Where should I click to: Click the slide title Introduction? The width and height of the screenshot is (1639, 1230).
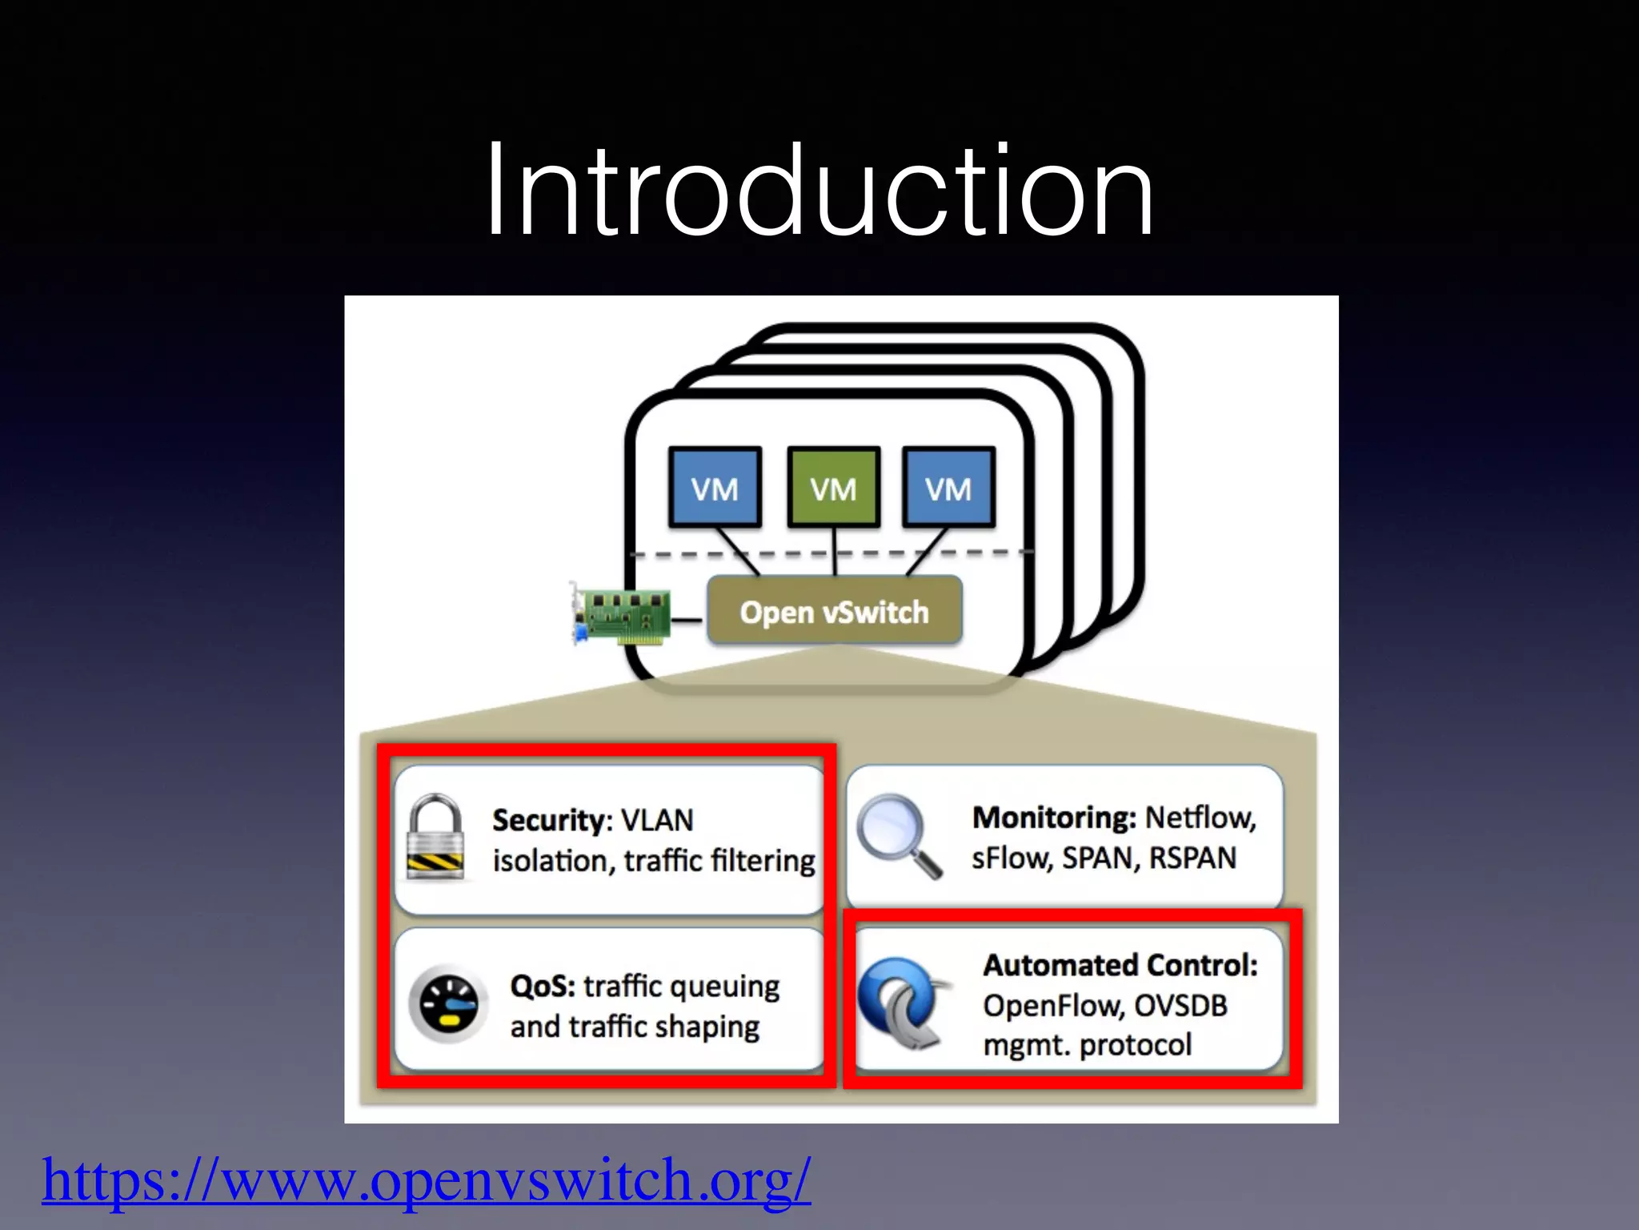819,190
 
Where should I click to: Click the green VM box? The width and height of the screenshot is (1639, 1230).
833,488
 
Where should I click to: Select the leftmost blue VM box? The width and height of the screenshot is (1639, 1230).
715,488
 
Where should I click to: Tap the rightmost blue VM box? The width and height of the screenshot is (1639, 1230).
948,488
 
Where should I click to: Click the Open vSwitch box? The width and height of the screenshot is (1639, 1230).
834,612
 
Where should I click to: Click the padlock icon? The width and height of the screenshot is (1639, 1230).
435,838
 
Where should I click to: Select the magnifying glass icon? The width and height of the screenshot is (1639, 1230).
897,835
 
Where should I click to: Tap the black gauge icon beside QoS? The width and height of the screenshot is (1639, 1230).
448,1004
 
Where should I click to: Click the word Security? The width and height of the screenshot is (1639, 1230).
551,820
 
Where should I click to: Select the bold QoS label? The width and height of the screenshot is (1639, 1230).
543,986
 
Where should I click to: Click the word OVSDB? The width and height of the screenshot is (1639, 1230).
1180,1006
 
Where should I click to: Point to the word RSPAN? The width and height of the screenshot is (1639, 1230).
1192,858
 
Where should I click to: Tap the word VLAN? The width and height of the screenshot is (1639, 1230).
657,820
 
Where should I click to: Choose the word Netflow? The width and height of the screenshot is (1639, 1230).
1200,818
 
